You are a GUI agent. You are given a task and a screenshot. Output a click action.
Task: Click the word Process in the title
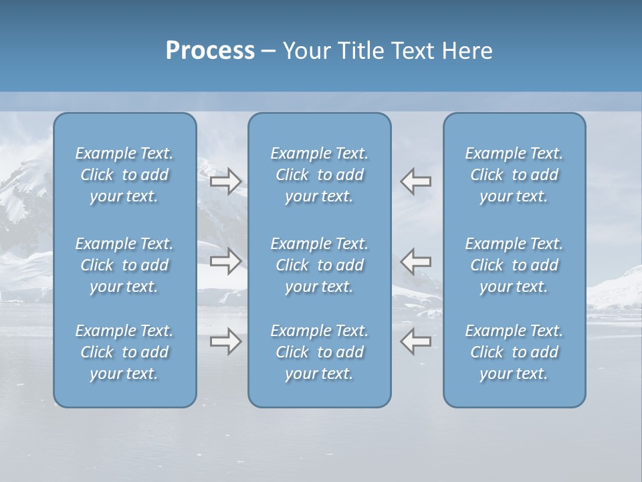pos(210,51)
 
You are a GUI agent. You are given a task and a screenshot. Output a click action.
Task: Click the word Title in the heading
pos(360,51)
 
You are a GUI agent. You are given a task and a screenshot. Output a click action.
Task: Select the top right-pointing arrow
pos(225,181)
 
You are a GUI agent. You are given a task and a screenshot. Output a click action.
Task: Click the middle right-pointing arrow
pos(225,261)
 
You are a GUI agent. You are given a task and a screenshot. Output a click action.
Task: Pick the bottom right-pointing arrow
pos(225,341)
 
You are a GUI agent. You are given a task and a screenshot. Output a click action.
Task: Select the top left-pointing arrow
pos(416,181)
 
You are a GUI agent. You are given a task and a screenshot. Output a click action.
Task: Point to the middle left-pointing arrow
pos(416,261)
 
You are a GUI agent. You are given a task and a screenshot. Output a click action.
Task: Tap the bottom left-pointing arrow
pos(416,341)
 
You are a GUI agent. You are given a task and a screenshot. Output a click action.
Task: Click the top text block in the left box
pos(124,175)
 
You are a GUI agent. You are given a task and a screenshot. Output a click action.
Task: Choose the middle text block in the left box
pos(124,265)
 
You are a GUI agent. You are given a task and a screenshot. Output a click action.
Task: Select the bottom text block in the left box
pos(124,352)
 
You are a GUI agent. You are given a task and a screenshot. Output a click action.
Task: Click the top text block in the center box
pos(320,175)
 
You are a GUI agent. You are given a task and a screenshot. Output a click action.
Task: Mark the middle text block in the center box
pos(320,265)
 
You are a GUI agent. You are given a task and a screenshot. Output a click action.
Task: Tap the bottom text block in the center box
pos(320,352)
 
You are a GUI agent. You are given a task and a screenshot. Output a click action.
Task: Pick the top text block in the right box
pos(514,175)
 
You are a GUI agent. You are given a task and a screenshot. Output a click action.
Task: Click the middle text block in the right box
pos(514,265)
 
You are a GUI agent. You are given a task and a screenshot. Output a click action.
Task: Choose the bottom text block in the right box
pos(514,352)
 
